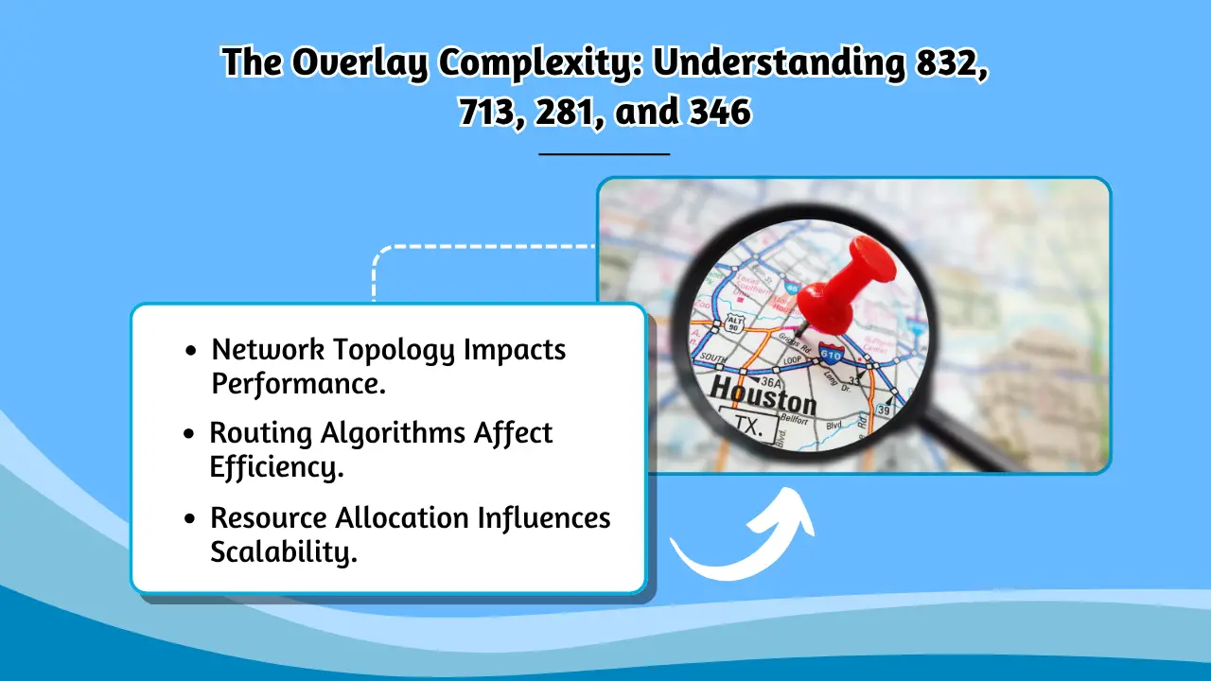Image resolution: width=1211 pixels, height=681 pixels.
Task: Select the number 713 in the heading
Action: (x=486, y=113)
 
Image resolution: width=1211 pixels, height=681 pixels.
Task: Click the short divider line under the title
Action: (x=604, y=152)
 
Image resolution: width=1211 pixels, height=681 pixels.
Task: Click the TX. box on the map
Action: (x=749, y=426)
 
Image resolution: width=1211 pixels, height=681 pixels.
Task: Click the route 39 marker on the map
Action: (x=884, y=410)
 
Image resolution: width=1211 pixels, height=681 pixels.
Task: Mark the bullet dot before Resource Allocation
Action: (x=191, y=518)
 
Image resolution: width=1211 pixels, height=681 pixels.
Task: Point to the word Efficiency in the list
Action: (x=275, y=467)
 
